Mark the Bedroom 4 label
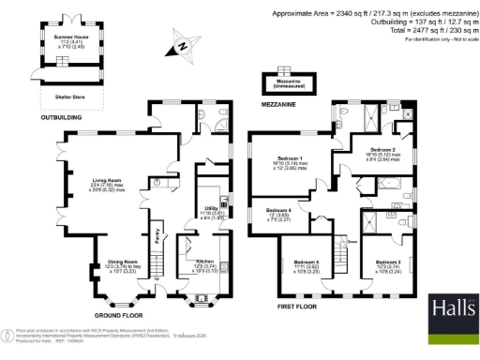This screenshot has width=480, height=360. pyautogui.click(x=278, y=210)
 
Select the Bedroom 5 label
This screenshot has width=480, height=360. pyautogui.click(x=306, y=262)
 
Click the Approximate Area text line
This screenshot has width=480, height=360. pyautogui.click(x=371, y=13)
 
